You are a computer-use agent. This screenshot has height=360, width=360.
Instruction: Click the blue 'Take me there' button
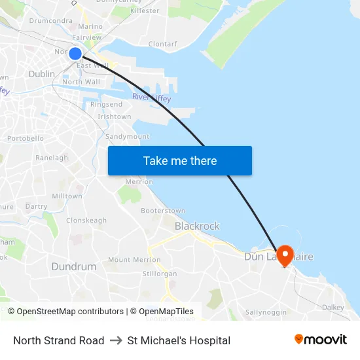tap(179, 160)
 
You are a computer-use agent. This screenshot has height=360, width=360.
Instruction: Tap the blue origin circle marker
tap(75, 54)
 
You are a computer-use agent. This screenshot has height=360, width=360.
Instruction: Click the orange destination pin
tap(285, 255)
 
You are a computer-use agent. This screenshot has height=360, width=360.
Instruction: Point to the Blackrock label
tap(197, 226)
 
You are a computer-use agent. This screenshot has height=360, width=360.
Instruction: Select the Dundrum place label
tap(73, 266)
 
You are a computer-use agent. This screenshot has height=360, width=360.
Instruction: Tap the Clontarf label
tap(162, 45)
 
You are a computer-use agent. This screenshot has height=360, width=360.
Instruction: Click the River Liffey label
tap(151, 98)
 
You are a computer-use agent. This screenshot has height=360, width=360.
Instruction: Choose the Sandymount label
tap(127, 137)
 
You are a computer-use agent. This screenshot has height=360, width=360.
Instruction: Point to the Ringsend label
tap(106, 105)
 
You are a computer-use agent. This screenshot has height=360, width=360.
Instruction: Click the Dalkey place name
tap(333, 307)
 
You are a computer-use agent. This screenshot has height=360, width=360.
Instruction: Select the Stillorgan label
tap(160, 274)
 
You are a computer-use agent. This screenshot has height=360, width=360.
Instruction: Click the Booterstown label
tap(163, 211)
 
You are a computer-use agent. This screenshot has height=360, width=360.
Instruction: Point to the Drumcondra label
tap(50, 21)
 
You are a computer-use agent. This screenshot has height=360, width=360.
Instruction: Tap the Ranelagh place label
tap(52, 158)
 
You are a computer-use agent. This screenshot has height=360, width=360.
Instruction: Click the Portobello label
tap(26, 139)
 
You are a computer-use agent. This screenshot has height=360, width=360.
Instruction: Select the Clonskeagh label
tap(86, 221)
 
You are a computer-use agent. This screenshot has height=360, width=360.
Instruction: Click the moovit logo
tap(321, 340)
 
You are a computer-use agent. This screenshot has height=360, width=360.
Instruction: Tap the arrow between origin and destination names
tap(116, 340)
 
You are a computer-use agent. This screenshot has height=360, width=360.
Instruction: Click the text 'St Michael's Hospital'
tap(179, 340)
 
